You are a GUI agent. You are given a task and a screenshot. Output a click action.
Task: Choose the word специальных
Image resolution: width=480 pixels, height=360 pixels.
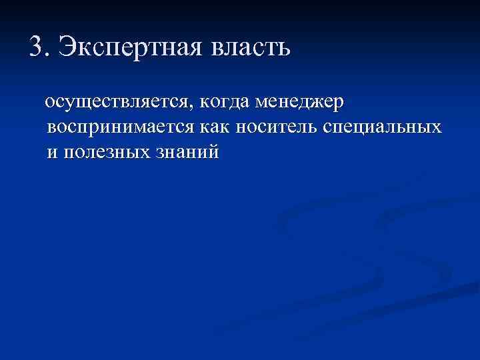click(x=382, y=127)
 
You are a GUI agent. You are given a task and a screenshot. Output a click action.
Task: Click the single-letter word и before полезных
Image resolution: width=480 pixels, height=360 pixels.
click(x=52, y=152)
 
